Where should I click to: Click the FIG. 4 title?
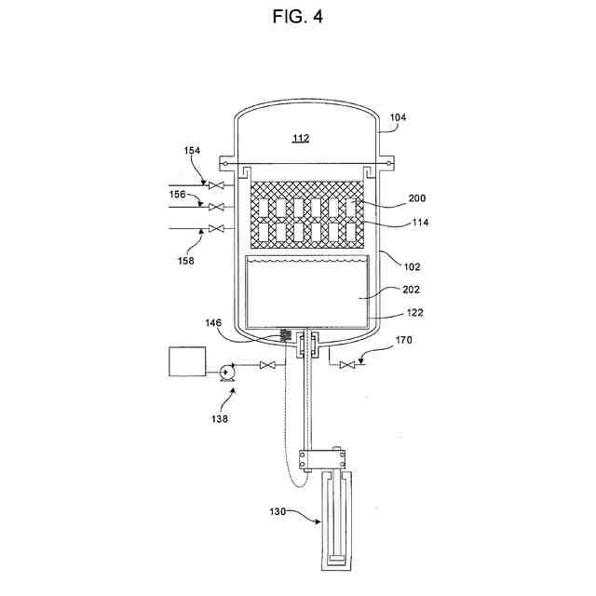click(298, 18)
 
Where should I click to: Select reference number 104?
click(398, 118)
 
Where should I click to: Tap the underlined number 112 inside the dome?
click(300, 138)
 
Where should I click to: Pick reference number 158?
click(185, 261)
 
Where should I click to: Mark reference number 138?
click(222, 419)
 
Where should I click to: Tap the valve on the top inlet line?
click(217, 186)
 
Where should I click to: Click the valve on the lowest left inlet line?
click(217, 228)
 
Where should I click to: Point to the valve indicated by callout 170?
click(348, 365)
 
